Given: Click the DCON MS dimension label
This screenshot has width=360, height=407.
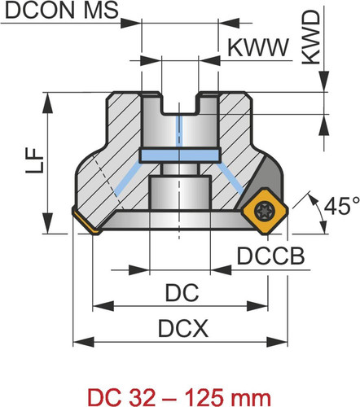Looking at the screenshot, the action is [62, 10].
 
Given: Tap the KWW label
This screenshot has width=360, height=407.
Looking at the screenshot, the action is [258, 48].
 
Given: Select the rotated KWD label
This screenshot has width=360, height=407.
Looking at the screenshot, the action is [311, 38].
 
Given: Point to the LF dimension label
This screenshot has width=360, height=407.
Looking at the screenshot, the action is [34, 161].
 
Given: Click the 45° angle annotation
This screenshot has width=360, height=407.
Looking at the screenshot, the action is [341, 206].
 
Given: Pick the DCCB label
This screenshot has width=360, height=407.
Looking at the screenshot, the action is [271, 256].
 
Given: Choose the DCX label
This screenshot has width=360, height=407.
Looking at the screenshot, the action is [183, 328].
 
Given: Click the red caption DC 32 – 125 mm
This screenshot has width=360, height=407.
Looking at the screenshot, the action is [179, 398].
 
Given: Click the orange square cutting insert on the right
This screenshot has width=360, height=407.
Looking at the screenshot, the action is [265, 211].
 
